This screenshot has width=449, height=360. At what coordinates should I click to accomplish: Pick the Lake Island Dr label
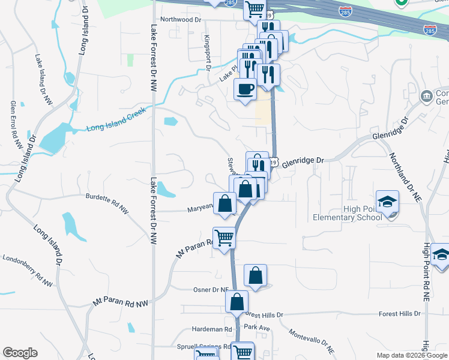[x=42, y=77]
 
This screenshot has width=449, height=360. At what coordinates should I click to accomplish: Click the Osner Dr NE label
[x=211, y=290]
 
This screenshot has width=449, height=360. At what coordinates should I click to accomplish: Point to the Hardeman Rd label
[x=212, y=329]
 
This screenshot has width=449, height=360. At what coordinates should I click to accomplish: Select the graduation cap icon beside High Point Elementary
[x=387, y=202]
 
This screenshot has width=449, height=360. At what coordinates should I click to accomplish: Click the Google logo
[x=20, y=353]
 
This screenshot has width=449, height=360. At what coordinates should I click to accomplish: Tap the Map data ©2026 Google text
[x=411, y=355]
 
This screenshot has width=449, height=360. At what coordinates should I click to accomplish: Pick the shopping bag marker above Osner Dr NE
[x=255, y=276]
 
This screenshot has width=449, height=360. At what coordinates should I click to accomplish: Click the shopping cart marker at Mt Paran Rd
[x=224, y=238]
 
